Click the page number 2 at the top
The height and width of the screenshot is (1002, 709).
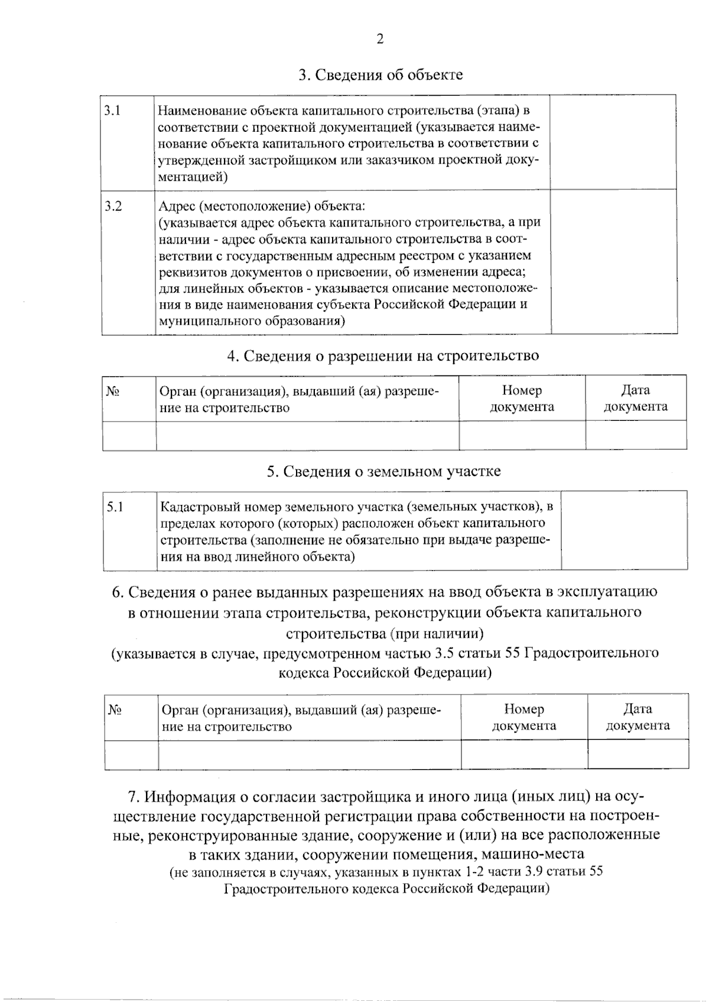[380, 39]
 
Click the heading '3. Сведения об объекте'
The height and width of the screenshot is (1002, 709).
[380, 75]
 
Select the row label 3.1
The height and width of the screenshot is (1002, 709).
[113, 111]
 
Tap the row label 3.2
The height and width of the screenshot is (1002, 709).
[113, 206]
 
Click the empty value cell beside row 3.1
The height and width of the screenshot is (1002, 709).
[613, 142]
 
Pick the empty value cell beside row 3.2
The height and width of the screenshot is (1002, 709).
[613, 262]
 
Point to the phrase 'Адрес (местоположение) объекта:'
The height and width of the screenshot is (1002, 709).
[262, 206]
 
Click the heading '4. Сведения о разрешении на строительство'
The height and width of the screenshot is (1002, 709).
[383, 355]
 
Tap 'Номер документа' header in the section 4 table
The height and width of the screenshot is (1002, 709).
[522, 398]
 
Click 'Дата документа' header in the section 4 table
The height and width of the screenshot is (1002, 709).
[635, 398]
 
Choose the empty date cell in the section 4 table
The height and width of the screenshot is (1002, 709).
[636, 436]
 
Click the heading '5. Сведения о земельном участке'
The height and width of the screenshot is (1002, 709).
[383, 471]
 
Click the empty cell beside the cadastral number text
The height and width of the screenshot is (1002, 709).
[624, 530]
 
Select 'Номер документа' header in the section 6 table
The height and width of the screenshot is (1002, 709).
[523, 717]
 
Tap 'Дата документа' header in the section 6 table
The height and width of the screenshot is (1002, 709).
[638, 717]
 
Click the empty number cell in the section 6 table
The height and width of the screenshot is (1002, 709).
[524, 754]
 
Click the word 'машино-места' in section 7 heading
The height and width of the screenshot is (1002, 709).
[533, 854]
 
